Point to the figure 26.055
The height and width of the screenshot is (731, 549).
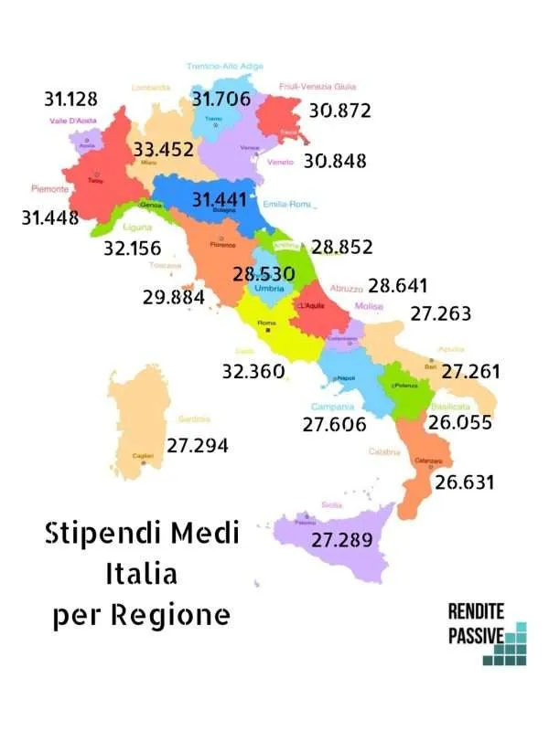(x=460, y=422)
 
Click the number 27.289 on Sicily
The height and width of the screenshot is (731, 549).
(x=342, y=540)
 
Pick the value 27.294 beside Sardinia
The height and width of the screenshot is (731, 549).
(x=197, y=445)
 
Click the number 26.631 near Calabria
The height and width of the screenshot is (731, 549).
(x=464, y=482)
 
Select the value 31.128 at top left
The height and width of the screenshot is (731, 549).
(x=70, y=99)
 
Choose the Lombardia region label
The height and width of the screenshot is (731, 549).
(x=151, y=88)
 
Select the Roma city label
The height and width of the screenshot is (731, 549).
(x=267, y=323)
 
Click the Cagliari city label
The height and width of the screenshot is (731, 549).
(x=142, y=455)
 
